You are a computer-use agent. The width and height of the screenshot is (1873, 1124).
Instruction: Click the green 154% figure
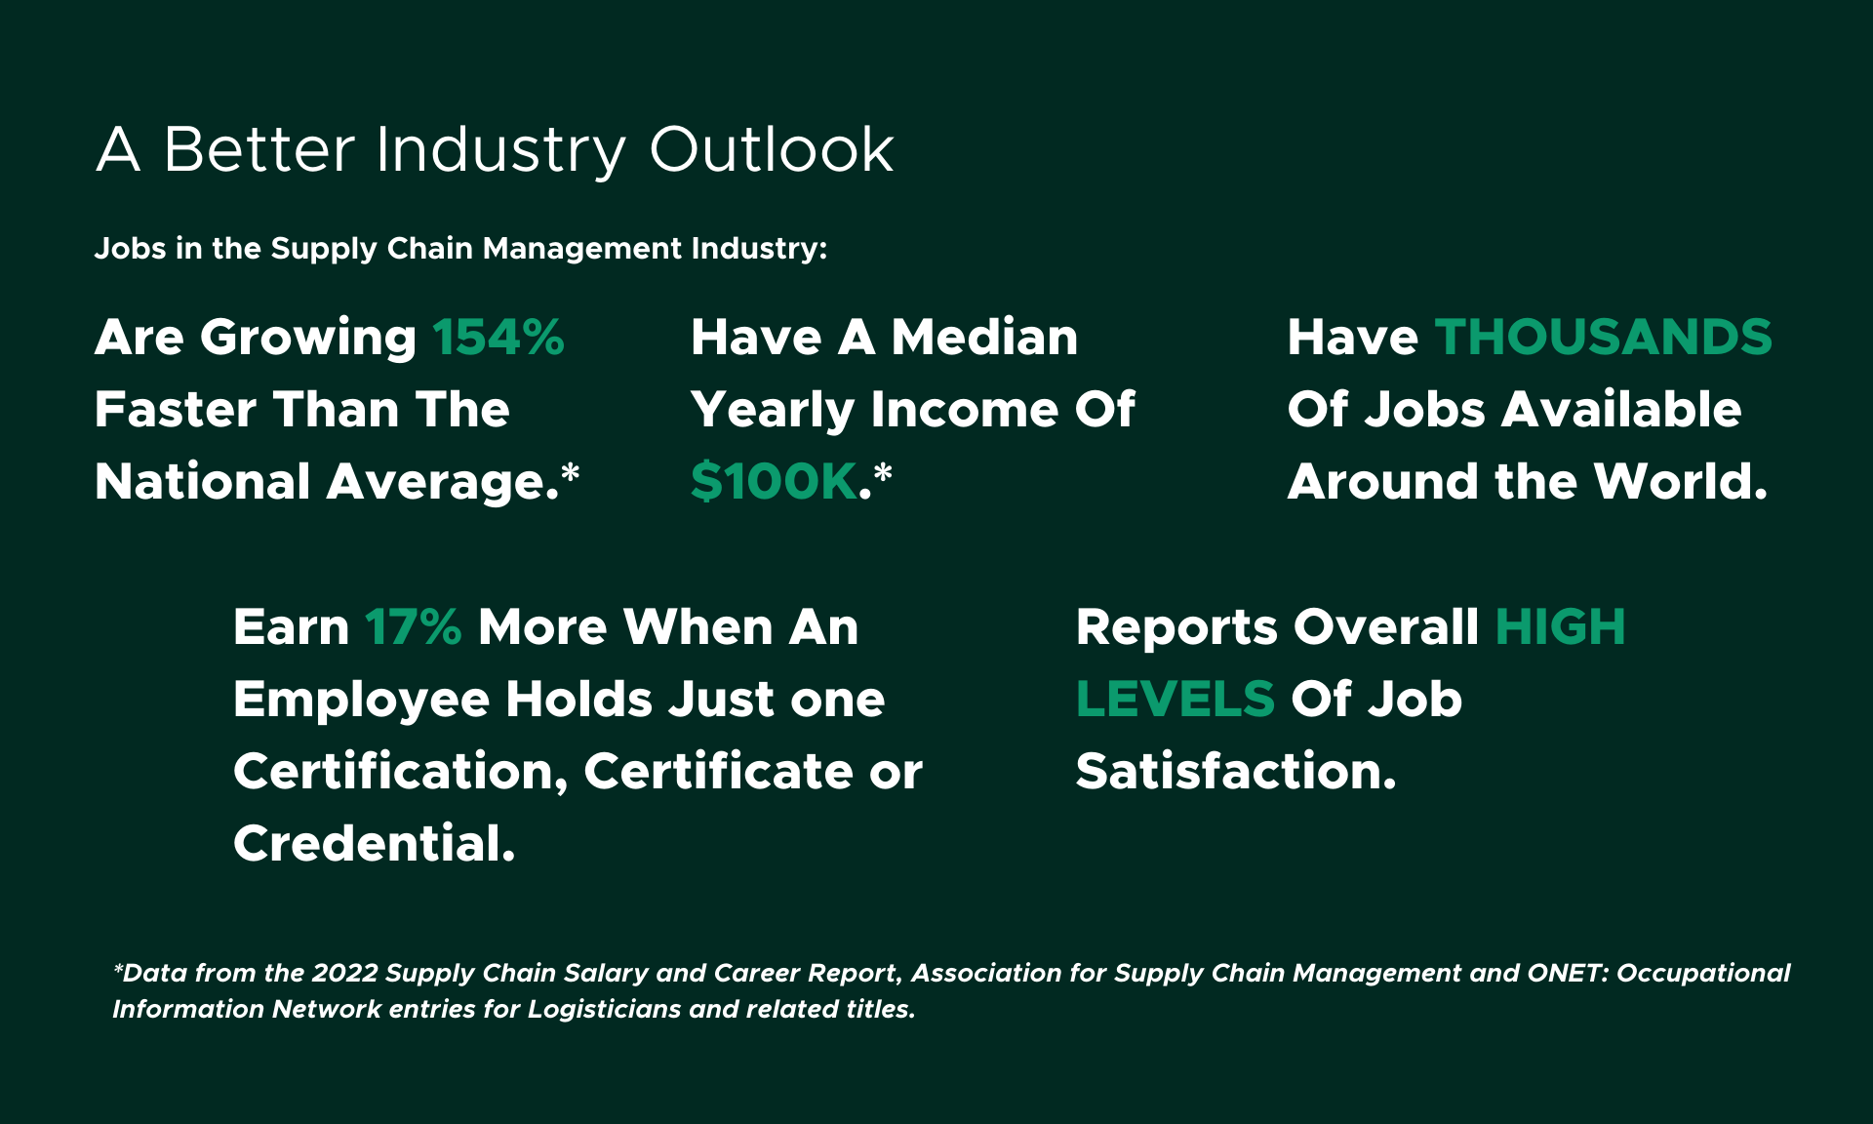coord(498,338)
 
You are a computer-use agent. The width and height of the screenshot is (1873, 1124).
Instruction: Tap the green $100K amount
coord(774,482)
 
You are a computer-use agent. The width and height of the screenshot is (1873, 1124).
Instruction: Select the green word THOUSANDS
coord(1603,338)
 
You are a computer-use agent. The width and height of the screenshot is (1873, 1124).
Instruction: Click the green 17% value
coord(413,627)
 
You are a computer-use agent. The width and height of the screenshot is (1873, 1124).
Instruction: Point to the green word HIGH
coord(1560,627)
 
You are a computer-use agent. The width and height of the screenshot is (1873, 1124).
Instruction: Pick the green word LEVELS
coord(1175,700)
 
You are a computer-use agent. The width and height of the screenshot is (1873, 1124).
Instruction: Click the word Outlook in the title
coord(771,150)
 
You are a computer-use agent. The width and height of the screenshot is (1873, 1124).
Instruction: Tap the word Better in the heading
coord(259,150)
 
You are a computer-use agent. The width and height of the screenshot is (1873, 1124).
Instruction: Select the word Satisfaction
coord(1235,772)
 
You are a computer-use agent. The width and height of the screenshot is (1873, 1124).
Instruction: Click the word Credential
coord(374,844)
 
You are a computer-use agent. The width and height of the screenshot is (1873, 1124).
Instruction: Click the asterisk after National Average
coord(572,474)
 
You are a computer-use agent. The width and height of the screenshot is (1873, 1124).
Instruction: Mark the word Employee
coord(361,701)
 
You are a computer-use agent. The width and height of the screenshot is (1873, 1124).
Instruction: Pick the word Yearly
coord(772,411)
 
